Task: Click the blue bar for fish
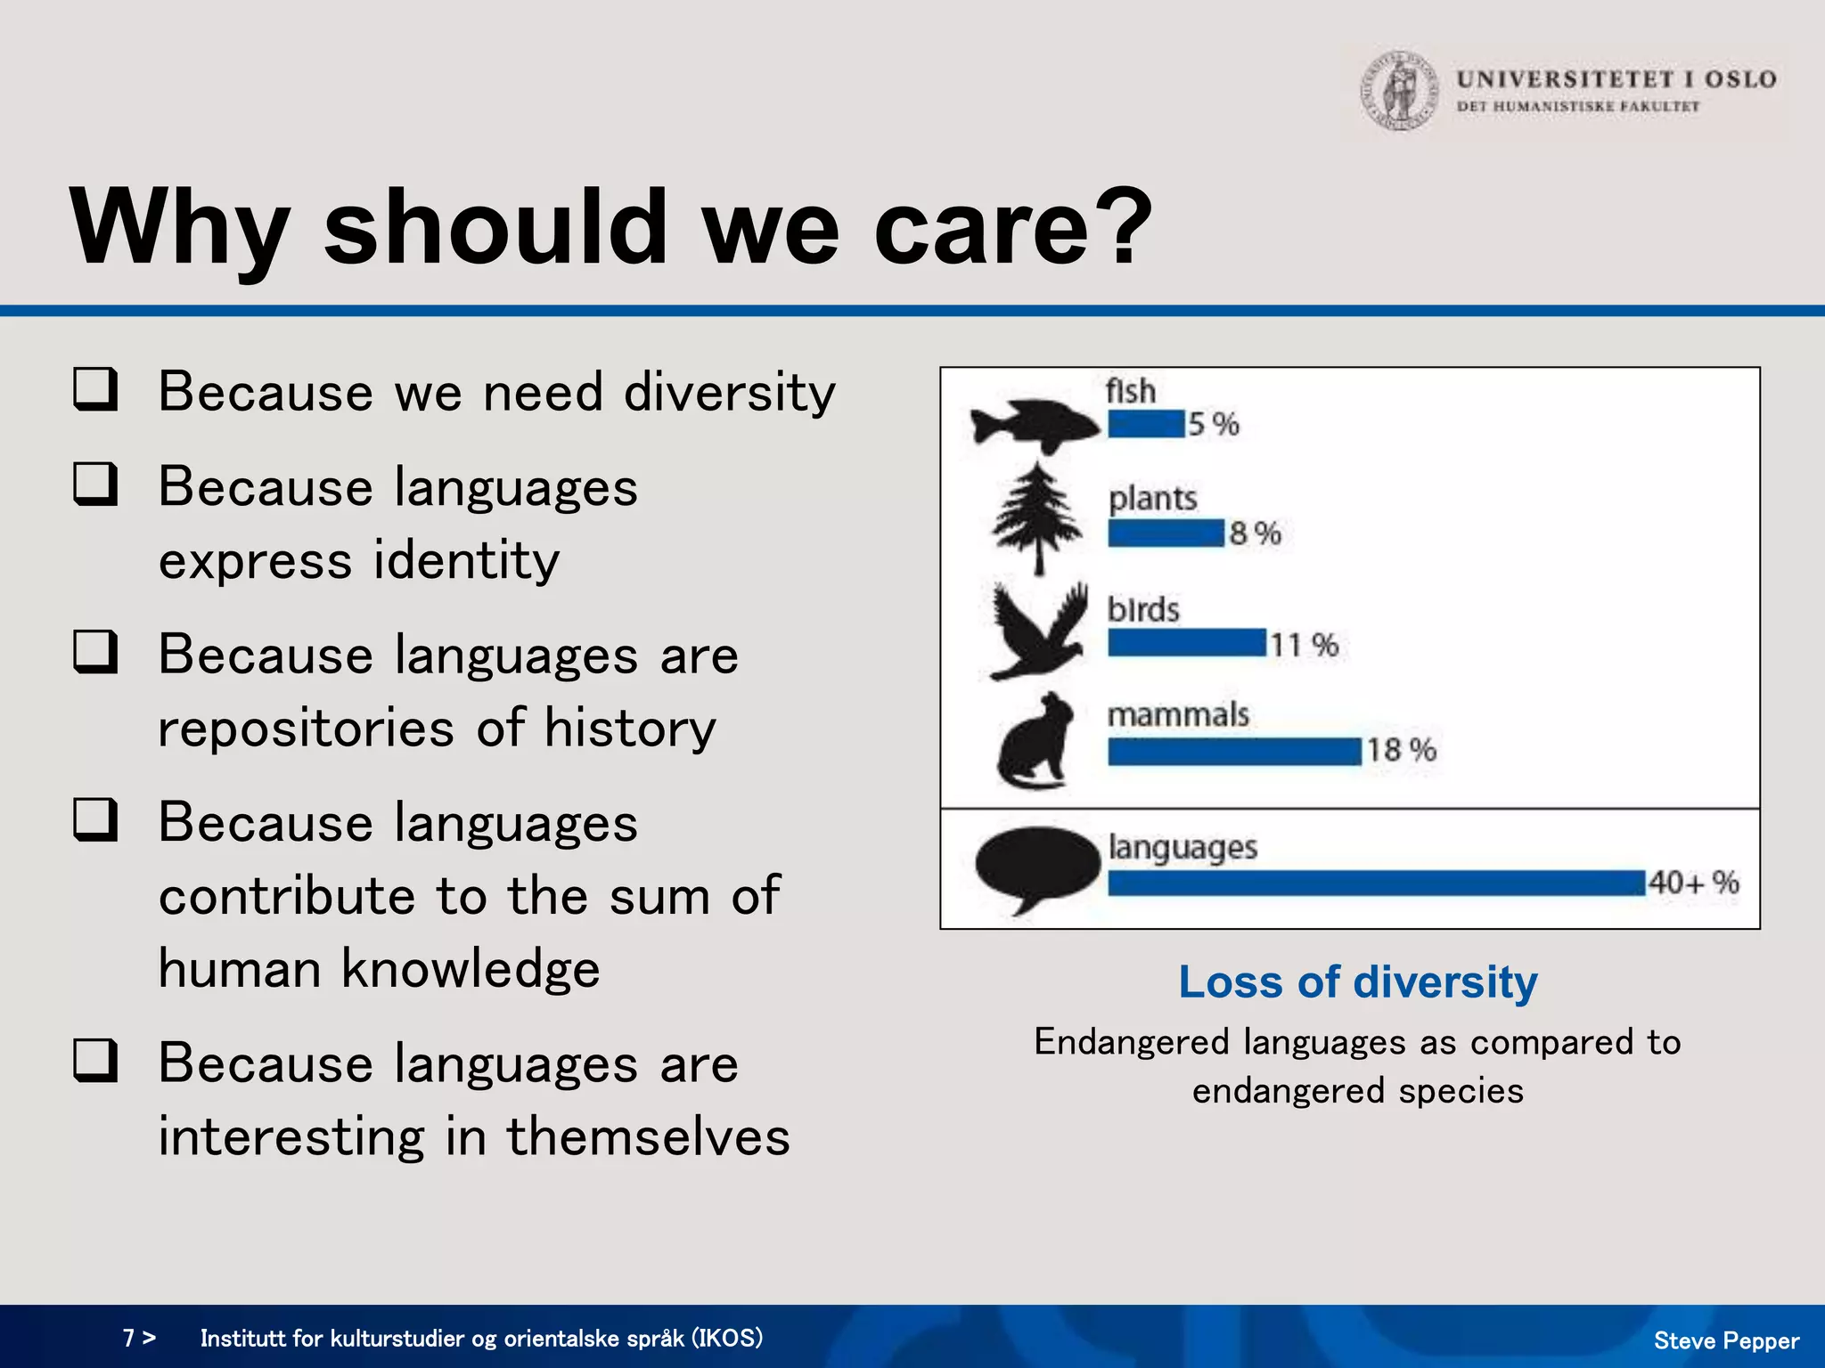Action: pyautogui.click(x=1147, y=424)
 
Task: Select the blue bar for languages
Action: pyautogui.click(x=1376, y=883)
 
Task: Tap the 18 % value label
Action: pyautogui.click(x=1401, y=750)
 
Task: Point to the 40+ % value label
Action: pyautogui.click(x=1693, y=883)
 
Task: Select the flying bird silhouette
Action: pyautogui.click(x=1039, y=631)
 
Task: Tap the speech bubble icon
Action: pyautogui.click(x=1037, y=867)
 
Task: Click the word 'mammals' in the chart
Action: pyautogui.click(x=1178, y=714)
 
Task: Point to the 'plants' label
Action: pyautogui.click(x=1152, y=498)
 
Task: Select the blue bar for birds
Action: pyautogui.click(x=1186, y=643)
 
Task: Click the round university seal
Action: pyautogui.click(x=1399, y=91)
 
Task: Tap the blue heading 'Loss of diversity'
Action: pyautogui.click(x=1357, y=982)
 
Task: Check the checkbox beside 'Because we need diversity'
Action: pyautogui.click(x=95, y=389)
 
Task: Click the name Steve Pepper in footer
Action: pyautogui.click(x=1725, y=1340)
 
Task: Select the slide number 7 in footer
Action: pyautogui.click(x=128, y=1338)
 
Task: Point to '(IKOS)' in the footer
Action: pyautogui.click(x=727, y=1338)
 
